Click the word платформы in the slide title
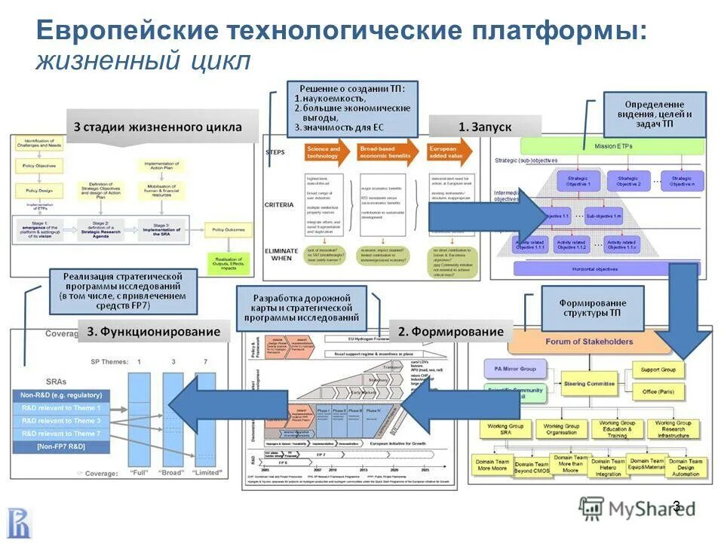click(x=559, y=31)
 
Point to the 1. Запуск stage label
click(x=485, y=127)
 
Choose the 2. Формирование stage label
click(x=450, y=331)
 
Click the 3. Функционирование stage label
click(x=153, y=331)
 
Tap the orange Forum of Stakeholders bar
click(x=590, y=342)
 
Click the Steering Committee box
click(x=590, y=384)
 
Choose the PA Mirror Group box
click(x=516, y=369)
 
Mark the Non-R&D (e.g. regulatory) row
click(x=62, y=394)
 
